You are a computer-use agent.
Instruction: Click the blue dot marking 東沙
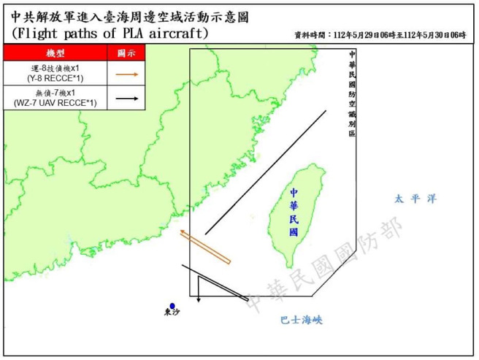click(x=172, y=307)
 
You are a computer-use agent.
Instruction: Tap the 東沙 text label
click(x=172, y=315)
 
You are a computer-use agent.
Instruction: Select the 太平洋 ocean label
click(x=415, y=199)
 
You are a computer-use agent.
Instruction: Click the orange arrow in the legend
click(x=128, y=73)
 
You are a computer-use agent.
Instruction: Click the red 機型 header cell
click(x=55, y=53)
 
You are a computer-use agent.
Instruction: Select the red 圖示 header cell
click(x=126, y=53)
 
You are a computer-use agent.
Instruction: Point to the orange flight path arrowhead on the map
click(x=182, y=234)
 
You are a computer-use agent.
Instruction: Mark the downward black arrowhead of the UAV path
click(x=199, y=297)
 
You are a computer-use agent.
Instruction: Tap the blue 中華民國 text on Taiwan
click(x=294, y=212)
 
